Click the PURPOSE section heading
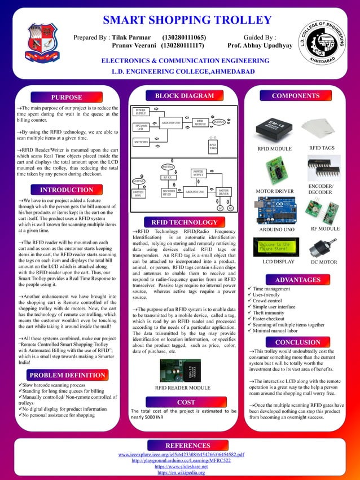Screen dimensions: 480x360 [x=67, y=98]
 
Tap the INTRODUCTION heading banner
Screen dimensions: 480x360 [x=67, y=190]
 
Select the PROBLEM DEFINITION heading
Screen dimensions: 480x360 [x=67, y=375]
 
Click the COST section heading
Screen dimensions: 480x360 [x=186, y=402]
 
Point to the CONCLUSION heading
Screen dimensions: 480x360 [x=297, y=342]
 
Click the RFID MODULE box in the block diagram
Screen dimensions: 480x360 [x=200, y=122]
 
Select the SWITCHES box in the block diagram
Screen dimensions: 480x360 [x=142, y=143]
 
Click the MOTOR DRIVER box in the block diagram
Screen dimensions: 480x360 [x=224, y=192]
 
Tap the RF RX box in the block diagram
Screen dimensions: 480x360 [x=167, y=177]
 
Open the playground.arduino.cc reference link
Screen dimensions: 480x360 [x=181, y=461]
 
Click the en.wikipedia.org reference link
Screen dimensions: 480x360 [x=181, y=473]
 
